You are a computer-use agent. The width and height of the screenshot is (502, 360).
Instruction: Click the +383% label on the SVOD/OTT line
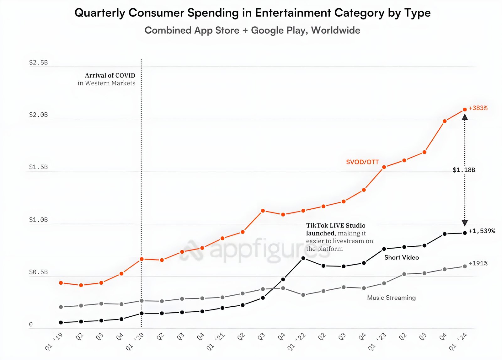[478, 108]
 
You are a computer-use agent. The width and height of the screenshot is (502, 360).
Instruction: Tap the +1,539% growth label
[482, 231]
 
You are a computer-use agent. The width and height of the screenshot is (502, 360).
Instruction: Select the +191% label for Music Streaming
[478, 263]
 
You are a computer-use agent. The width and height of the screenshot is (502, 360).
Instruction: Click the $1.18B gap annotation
[464, 170]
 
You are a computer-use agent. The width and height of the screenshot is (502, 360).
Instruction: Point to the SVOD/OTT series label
[362, 162]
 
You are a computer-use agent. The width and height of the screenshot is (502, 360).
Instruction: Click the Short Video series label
[402, 257]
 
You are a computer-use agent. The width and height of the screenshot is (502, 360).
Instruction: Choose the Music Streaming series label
[391, 298]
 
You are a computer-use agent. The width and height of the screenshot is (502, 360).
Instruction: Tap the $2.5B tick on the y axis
[38, 62]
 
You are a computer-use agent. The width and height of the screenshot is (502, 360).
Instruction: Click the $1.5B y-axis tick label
[38, 167]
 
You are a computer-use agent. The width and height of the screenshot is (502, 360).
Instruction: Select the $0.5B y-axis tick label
[38, 272]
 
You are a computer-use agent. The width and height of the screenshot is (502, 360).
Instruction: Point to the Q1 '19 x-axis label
[54, 341]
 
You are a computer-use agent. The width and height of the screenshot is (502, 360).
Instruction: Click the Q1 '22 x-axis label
[296, 341]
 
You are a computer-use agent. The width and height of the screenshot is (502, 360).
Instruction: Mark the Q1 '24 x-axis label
[458, 341]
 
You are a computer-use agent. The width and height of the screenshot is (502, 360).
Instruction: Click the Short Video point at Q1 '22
[303, 258]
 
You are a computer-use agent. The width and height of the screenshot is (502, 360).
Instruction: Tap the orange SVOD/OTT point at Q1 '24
[465, 110]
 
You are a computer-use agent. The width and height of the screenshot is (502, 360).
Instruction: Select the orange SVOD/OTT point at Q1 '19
[61, 283]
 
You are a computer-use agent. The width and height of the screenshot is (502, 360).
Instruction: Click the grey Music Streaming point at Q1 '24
[465, 266]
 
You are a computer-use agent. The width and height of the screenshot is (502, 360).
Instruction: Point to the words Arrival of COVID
[110, 75]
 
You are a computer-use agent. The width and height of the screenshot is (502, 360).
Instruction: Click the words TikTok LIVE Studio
[336, 225]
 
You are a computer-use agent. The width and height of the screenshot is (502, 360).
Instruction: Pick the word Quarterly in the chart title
[100, 13]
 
